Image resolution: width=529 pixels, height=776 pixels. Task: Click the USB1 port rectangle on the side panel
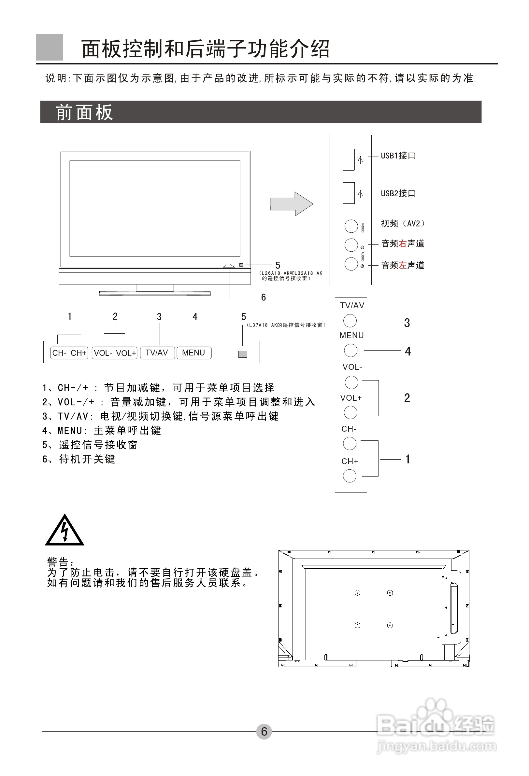349,159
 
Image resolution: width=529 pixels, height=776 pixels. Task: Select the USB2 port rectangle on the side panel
349,193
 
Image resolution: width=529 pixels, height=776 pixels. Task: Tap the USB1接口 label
398,156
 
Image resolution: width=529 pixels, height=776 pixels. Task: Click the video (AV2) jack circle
351,226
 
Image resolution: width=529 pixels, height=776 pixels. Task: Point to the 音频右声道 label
403,243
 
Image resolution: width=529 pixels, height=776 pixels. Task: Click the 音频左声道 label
403,265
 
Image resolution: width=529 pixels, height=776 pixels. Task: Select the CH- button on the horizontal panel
60,353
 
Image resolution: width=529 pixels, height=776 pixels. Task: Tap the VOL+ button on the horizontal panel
126,353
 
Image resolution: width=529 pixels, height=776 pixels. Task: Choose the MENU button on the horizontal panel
193,353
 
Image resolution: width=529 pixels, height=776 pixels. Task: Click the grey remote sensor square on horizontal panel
243,354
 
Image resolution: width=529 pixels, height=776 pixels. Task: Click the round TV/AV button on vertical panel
350,321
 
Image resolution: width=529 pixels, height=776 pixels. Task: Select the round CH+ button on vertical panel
350,476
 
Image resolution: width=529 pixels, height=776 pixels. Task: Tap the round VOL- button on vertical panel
351,382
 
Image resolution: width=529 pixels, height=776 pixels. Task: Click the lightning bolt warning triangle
64,531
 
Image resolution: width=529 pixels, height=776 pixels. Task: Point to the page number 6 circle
264,731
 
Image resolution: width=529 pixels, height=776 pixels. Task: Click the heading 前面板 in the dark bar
84,112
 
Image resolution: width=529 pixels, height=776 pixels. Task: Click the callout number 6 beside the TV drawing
263,297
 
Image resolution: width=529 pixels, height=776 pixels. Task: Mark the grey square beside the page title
50,47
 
